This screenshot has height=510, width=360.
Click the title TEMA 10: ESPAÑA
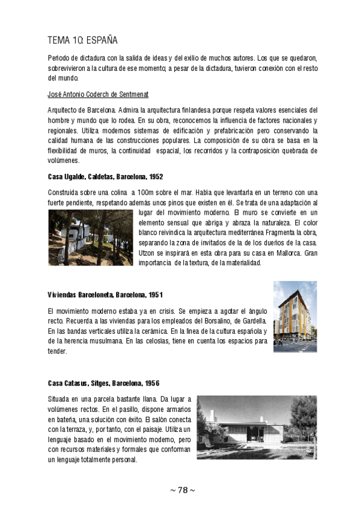(x=82, y=40)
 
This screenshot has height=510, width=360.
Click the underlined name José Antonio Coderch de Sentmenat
(x=98, y=95)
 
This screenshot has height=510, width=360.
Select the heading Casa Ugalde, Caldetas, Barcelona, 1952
(x=105, y=177)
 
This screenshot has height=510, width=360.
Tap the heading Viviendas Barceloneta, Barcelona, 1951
(x=105, y=295)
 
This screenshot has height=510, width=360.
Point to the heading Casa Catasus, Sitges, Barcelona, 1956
(x=103, y=383)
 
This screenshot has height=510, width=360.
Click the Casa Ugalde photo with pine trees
(x=90, y=237)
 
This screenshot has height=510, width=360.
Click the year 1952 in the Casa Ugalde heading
(x=155, y=177)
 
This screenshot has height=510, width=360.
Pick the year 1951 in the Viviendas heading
(x=154, y=295)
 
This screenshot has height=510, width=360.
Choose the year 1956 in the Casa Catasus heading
(x=151, y=383)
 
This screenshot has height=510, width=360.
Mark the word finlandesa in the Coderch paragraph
(x=194, y=111)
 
